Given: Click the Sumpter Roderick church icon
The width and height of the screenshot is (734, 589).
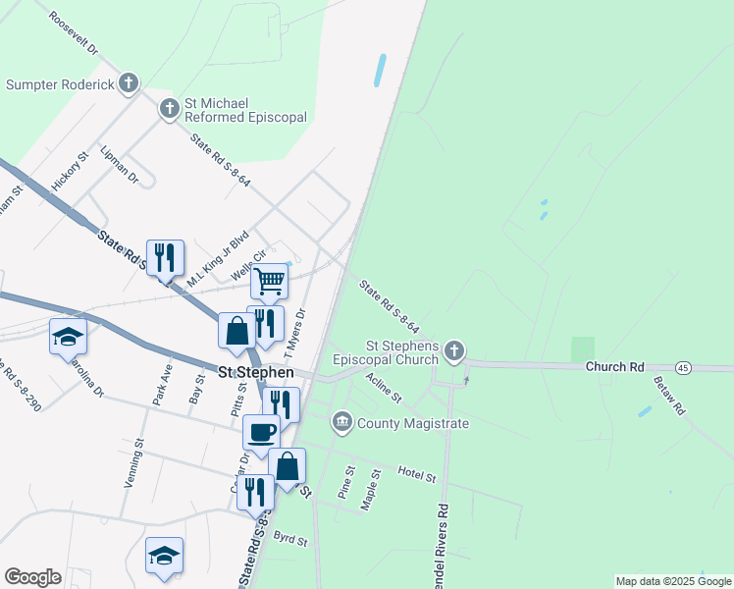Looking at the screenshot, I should point(129,83).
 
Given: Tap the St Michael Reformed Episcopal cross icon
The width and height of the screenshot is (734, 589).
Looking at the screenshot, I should point(169,108).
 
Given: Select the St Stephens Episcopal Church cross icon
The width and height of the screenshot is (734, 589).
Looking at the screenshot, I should point(453,350).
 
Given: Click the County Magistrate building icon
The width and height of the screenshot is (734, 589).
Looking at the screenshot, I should point(341,423).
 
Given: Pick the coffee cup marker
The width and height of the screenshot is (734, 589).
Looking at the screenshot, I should point(261,432).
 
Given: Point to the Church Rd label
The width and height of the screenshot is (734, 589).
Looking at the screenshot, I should point(614,367).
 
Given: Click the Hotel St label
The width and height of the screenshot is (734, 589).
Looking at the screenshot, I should point(416,476).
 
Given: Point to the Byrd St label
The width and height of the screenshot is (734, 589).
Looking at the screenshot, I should point(290,540).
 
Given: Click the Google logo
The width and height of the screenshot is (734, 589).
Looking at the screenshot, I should point(32,576).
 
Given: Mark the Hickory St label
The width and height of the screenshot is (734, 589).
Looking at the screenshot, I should point(70,170).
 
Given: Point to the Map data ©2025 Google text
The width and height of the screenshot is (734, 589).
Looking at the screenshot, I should point(673,581).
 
